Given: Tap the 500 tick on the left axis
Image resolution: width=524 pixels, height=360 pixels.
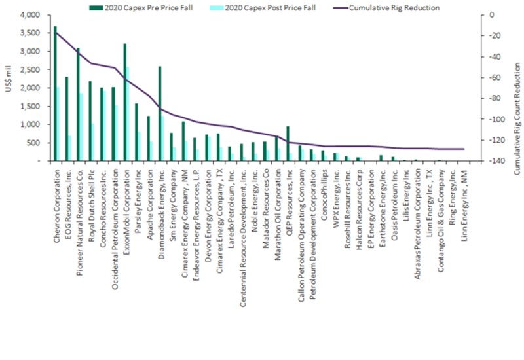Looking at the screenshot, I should [33, 143].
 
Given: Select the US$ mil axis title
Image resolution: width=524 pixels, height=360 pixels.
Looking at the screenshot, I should [9, 88].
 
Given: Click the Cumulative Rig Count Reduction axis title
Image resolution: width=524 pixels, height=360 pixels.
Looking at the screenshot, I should [515, 88].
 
